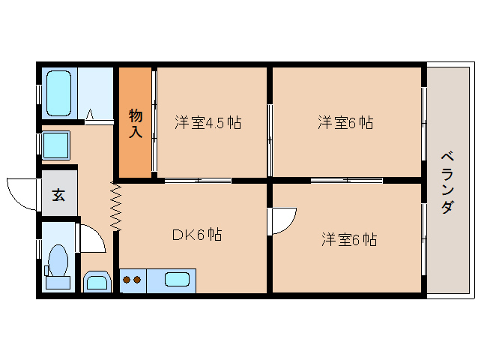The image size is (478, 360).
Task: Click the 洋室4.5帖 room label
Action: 208,122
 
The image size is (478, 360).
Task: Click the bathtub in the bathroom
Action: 58,94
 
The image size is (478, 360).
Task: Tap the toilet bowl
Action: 58,263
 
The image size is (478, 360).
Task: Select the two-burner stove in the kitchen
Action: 132,281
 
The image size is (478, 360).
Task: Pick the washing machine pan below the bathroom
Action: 55,144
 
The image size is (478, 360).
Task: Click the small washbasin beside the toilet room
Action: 97,282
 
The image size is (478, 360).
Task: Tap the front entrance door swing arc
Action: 22,192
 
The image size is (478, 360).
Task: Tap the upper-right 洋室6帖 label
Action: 345,122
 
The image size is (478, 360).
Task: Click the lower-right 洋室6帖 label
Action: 349,240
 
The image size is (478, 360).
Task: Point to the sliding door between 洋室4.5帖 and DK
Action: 199,180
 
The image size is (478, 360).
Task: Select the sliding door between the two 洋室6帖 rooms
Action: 347,180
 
